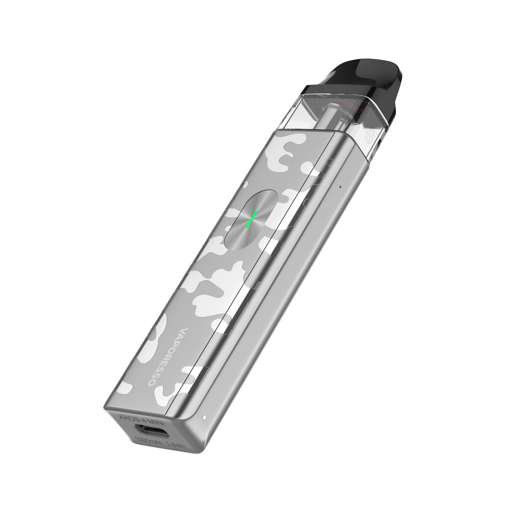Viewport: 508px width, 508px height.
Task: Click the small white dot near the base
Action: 204,417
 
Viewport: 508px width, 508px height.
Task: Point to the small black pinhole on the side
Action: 341,187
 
